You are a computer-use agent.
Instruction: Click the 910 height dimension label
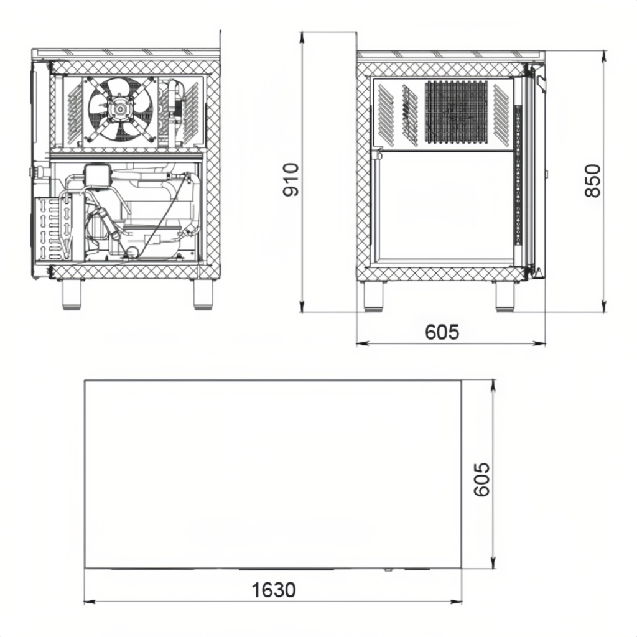click(291, 180)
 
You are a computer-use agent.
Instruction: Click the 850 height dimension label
click(593, 181)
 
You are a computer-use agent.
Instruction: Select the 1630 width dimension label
click(274, 590)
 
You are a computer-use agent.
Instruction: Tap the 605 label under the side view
click(442, 332)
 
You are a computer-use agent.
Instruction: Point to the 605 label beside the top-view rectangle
click(482, 480)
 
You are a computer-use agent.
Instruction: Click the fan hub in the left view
click(120, 108)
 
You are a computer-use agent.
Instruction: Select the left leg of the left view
click(72, 294)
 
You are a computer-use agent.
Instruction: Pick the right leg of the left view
click(203, 294)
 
